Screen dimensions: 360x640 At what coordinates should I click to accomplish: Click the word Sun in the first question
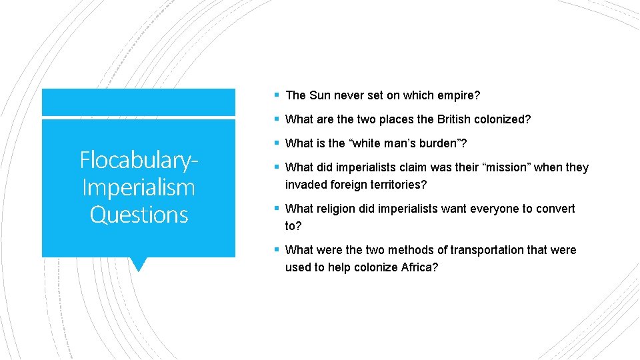click(x=318, y=95)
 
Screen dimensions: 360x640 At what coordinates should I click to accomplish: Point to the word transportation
click(x=489, y=250)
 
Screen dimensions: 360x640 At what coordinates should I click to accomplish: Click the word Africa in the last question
click(x=419, y=267)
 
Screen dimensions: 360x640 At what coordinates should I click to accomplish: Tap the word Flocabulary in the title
click(x=136, y=160)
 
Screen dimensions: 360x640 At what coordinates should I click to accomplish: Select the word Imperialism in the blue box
click(x=139, y=187)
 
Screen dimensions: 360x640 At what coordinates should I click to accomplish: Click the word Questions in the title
click(x=139, y=215)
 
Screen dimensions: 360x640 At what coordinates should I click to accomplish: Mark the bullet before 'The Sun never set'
click(x=277, y=95)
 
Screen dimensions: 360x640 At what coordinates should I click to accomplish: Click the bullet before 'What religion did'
click(x=277, y=209)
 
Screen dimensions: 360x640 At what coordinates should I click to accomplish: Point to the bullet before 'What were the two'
click(x=277, y=250)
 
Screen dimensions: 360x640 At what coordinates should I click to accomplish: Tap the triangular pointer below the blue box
click(x=139, y=264)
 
